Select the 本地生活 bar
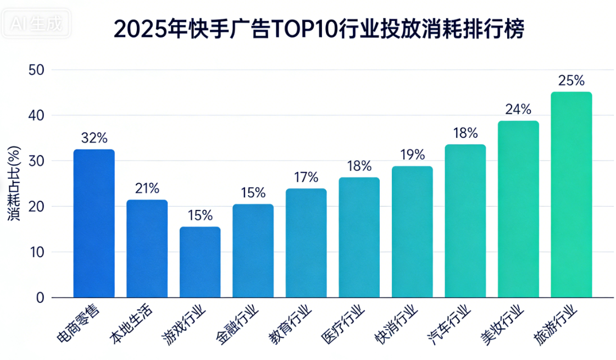pos(147,248)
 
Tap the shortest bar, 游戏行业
pos(200,262)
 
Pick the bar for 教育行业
pos(306,243)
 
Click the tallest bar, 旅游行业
pos(571,195)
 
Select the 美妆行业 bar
pos(518,209)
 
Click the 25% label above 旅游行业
pos(571,81)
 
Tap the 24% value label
pos(518,109)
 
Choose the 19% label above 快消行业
pos(412,154)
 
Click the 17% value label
pos(306,177)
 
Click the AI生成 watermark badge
pos(36,23)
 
